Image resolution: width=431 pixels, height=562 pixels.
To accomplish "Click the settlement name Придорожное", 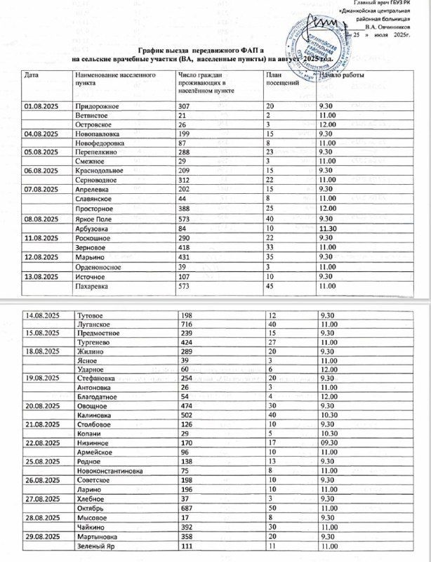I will coord(99,105).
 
